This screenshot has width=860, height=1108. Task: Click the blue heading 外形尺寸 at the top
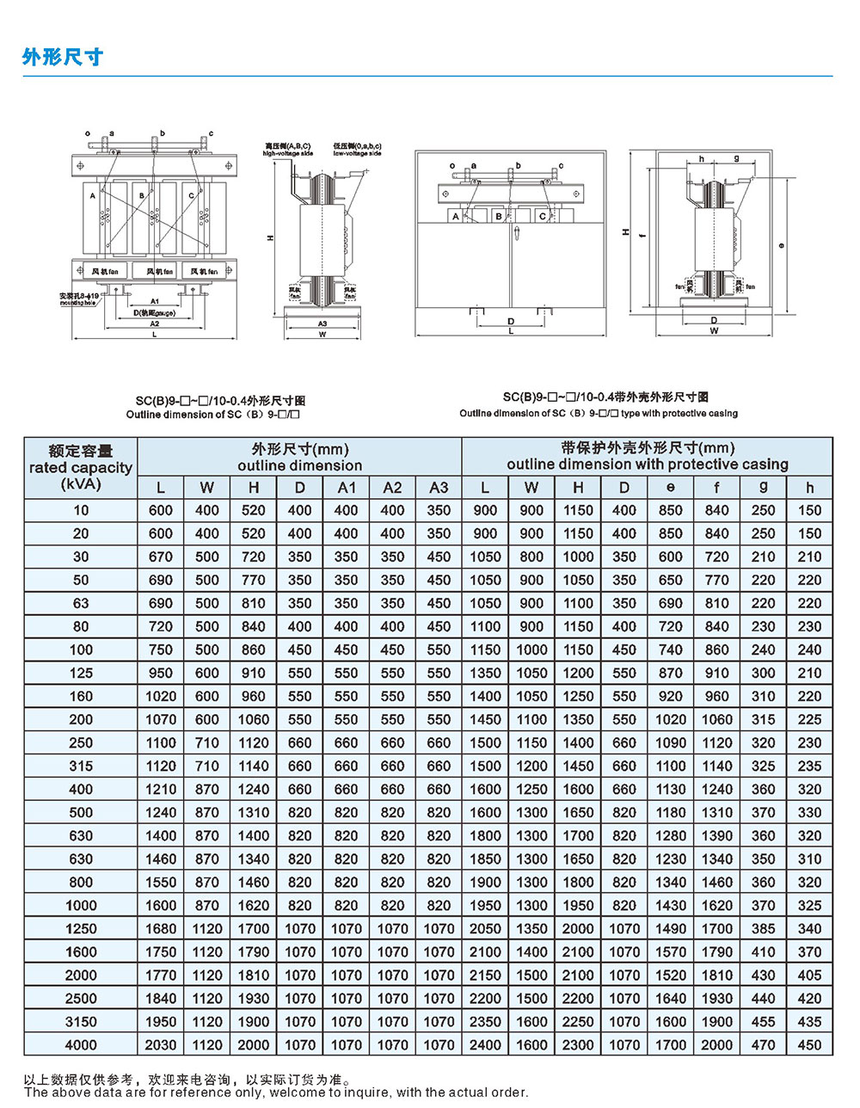[63, 57]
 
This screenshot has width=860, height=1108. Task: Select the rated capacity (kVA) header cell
[81, 467]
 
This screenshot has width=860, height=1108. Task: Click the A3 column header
[439, 487]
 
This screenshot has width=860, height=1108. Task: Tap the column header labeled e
[671, 487]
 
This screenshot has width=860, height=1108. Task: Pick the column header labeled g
[763, 487]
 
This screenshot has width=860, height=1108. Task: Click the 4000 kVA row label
[81, 1044]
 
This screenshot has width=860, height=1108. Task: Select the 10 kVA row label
[81, 510]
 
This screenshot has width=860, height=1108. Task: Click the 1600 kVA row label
[81, 951]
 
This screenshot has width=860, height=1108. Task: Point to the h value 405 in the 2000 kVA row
[809, 975]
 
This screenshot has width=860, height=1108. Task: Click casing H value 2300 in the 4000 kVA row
[578, 1044]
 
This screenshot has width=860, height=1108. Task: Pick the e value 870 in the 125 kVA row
[671, 673]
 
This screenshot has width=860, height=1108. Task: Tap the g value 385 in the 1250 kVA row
[763, 928]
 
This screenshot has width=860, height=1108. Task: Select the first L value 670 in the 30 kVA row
[161, 557]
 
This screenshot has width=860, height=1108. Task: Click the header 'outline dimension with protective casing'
[647, 465]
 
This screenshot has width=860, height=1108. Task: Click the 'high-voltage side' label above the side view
[288, 153]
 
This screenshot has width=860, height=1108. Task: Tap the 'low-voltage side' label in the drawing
[357, 153]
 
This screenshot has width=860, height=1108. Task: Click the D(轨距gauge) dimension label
[155, 312]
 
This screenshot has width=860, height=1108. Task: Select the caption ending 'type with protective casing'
[599, 413]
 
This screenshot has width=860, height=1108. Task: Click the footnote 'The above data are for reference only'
[276, 1093]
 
